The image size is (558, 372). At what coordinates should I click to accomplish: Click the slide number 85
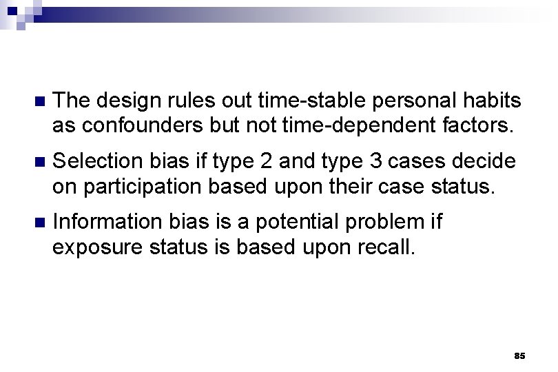519,356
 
